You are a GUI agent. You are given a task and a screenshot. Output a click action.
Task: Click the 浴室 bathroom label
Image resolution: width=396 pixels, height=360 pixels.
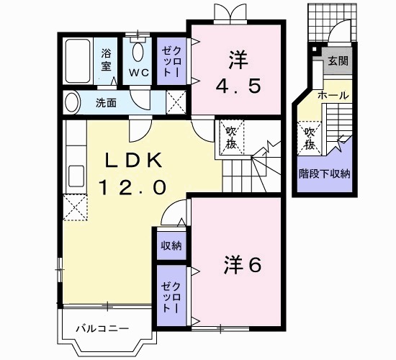tap(106, 60)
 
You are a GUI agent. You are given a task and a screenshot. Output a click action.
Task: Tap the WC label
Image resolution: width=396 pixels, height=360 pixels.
tap(138, 72)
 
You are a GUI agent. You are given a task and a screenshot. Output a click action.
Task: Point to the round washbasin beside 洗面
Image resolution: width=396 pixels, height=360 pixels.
tap(71, 102)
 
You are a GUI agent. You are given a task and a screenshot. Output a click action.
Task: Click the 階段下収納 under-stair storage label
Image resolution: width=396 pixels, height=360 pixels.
tap(325, 173)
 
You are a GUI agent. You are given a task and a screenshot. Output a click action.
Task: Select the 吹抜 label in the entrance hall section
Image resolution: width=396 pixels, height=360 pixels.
tap(310, 137)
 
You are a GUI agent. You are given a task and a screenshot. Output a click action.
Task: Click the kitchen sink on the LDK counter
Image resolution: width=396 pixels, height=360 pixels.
tap(74, 176)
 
